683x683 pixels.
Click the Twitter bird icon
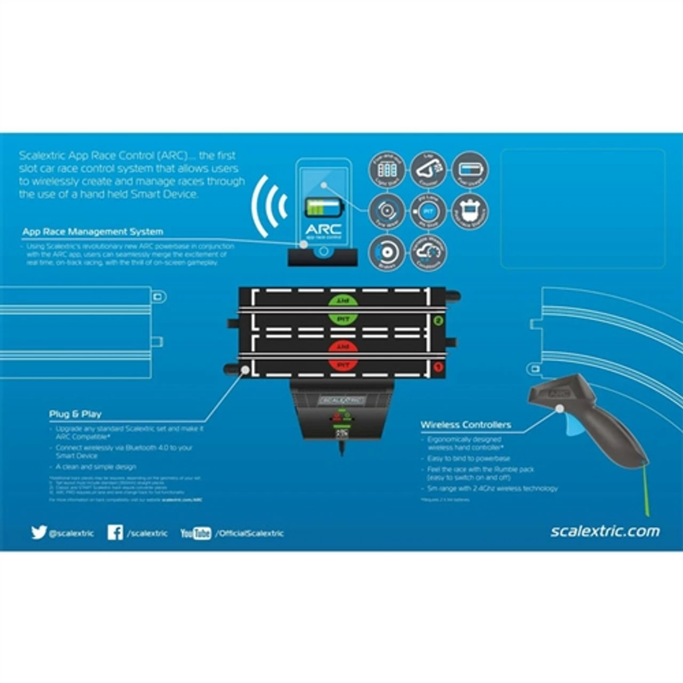(x=39, y=532)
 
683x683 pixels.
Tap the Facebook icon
(x=115, y=532)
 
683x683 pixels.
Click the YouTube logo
(x=195, y=533)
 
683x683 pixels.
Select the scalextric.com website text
(x=605, y=531)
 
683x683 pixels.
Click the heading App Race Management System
(x=93, y=232)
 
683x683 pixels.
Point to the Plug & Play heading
(x=75, y=414)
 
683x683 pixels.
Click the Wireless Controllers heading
(x=466, y=425)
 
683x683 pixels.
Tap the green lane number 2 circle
(x=439, y=321)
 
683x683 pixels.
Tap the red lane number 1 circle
(x=439, y=367)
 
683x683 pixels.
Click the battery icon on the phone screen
(x=324, y=208)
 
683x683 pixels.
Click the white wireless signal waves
(x=270, y=206)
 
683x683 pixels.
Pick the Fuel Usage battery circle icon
(x=470, y=170)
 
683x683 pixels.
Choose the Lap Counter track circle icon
(x=428, y=170)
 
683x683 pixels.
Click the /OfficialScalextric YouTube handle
(x=250, y=533)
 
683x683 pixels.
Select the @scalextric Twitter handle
(x=71, y=533)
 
